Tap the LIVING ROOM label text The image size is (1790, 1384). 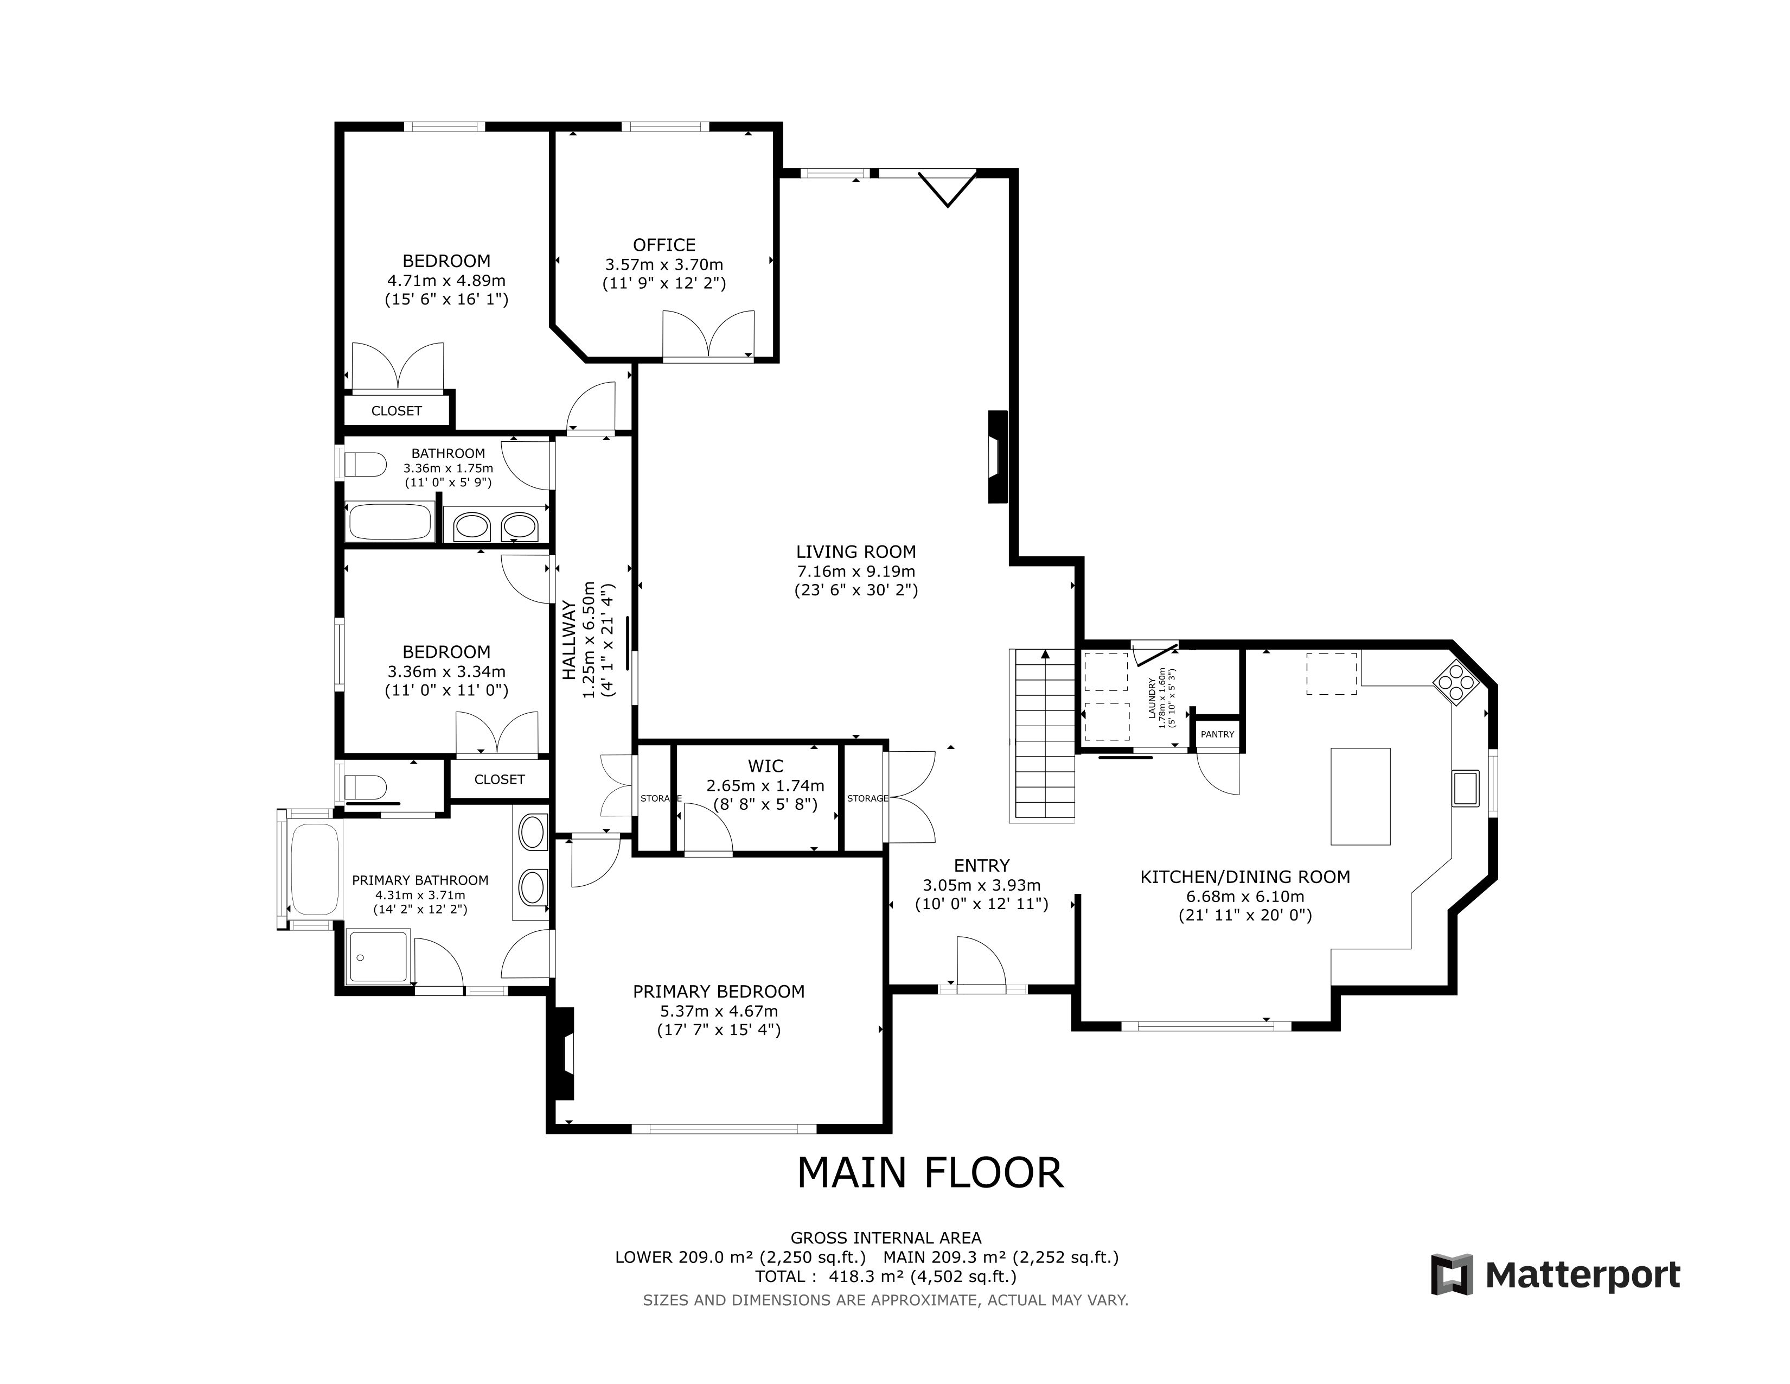tap(855, 552)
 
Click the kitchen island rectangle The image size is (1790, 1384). tap(1360, 796)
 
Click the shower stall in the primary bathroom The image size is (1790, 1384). tap(378, 957)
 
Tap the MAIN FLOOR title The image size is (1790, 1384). tap(930, 1173)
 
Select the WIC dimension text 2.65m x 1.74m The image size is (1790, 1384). tap(765, 785)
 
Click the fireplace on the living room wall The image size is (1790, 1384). tap(998, 456)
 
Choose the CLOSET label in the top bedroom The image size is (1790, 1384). tap(397, 411)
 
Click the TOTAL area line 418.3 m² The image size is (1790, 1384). tap(886, 1277)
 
